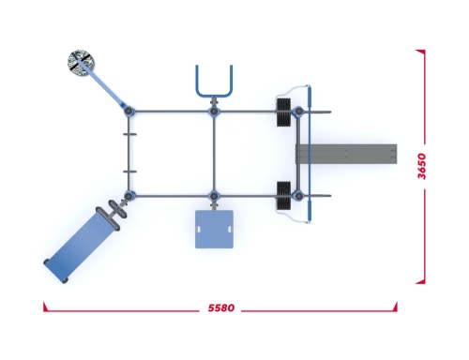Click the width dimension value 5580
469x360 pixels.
221,308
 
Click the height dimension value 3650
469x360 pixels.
422,166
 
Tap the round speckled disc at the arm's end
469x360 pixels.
81,62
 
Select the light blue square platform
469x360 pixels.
214,230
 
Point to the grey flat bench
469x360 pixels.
346,154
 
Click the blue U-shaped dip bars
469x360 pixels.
214,82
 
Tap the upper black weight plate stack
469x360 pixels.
283,112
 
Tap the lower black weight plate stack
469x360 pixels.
283,195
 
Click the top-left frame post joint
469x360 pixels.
129,111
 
